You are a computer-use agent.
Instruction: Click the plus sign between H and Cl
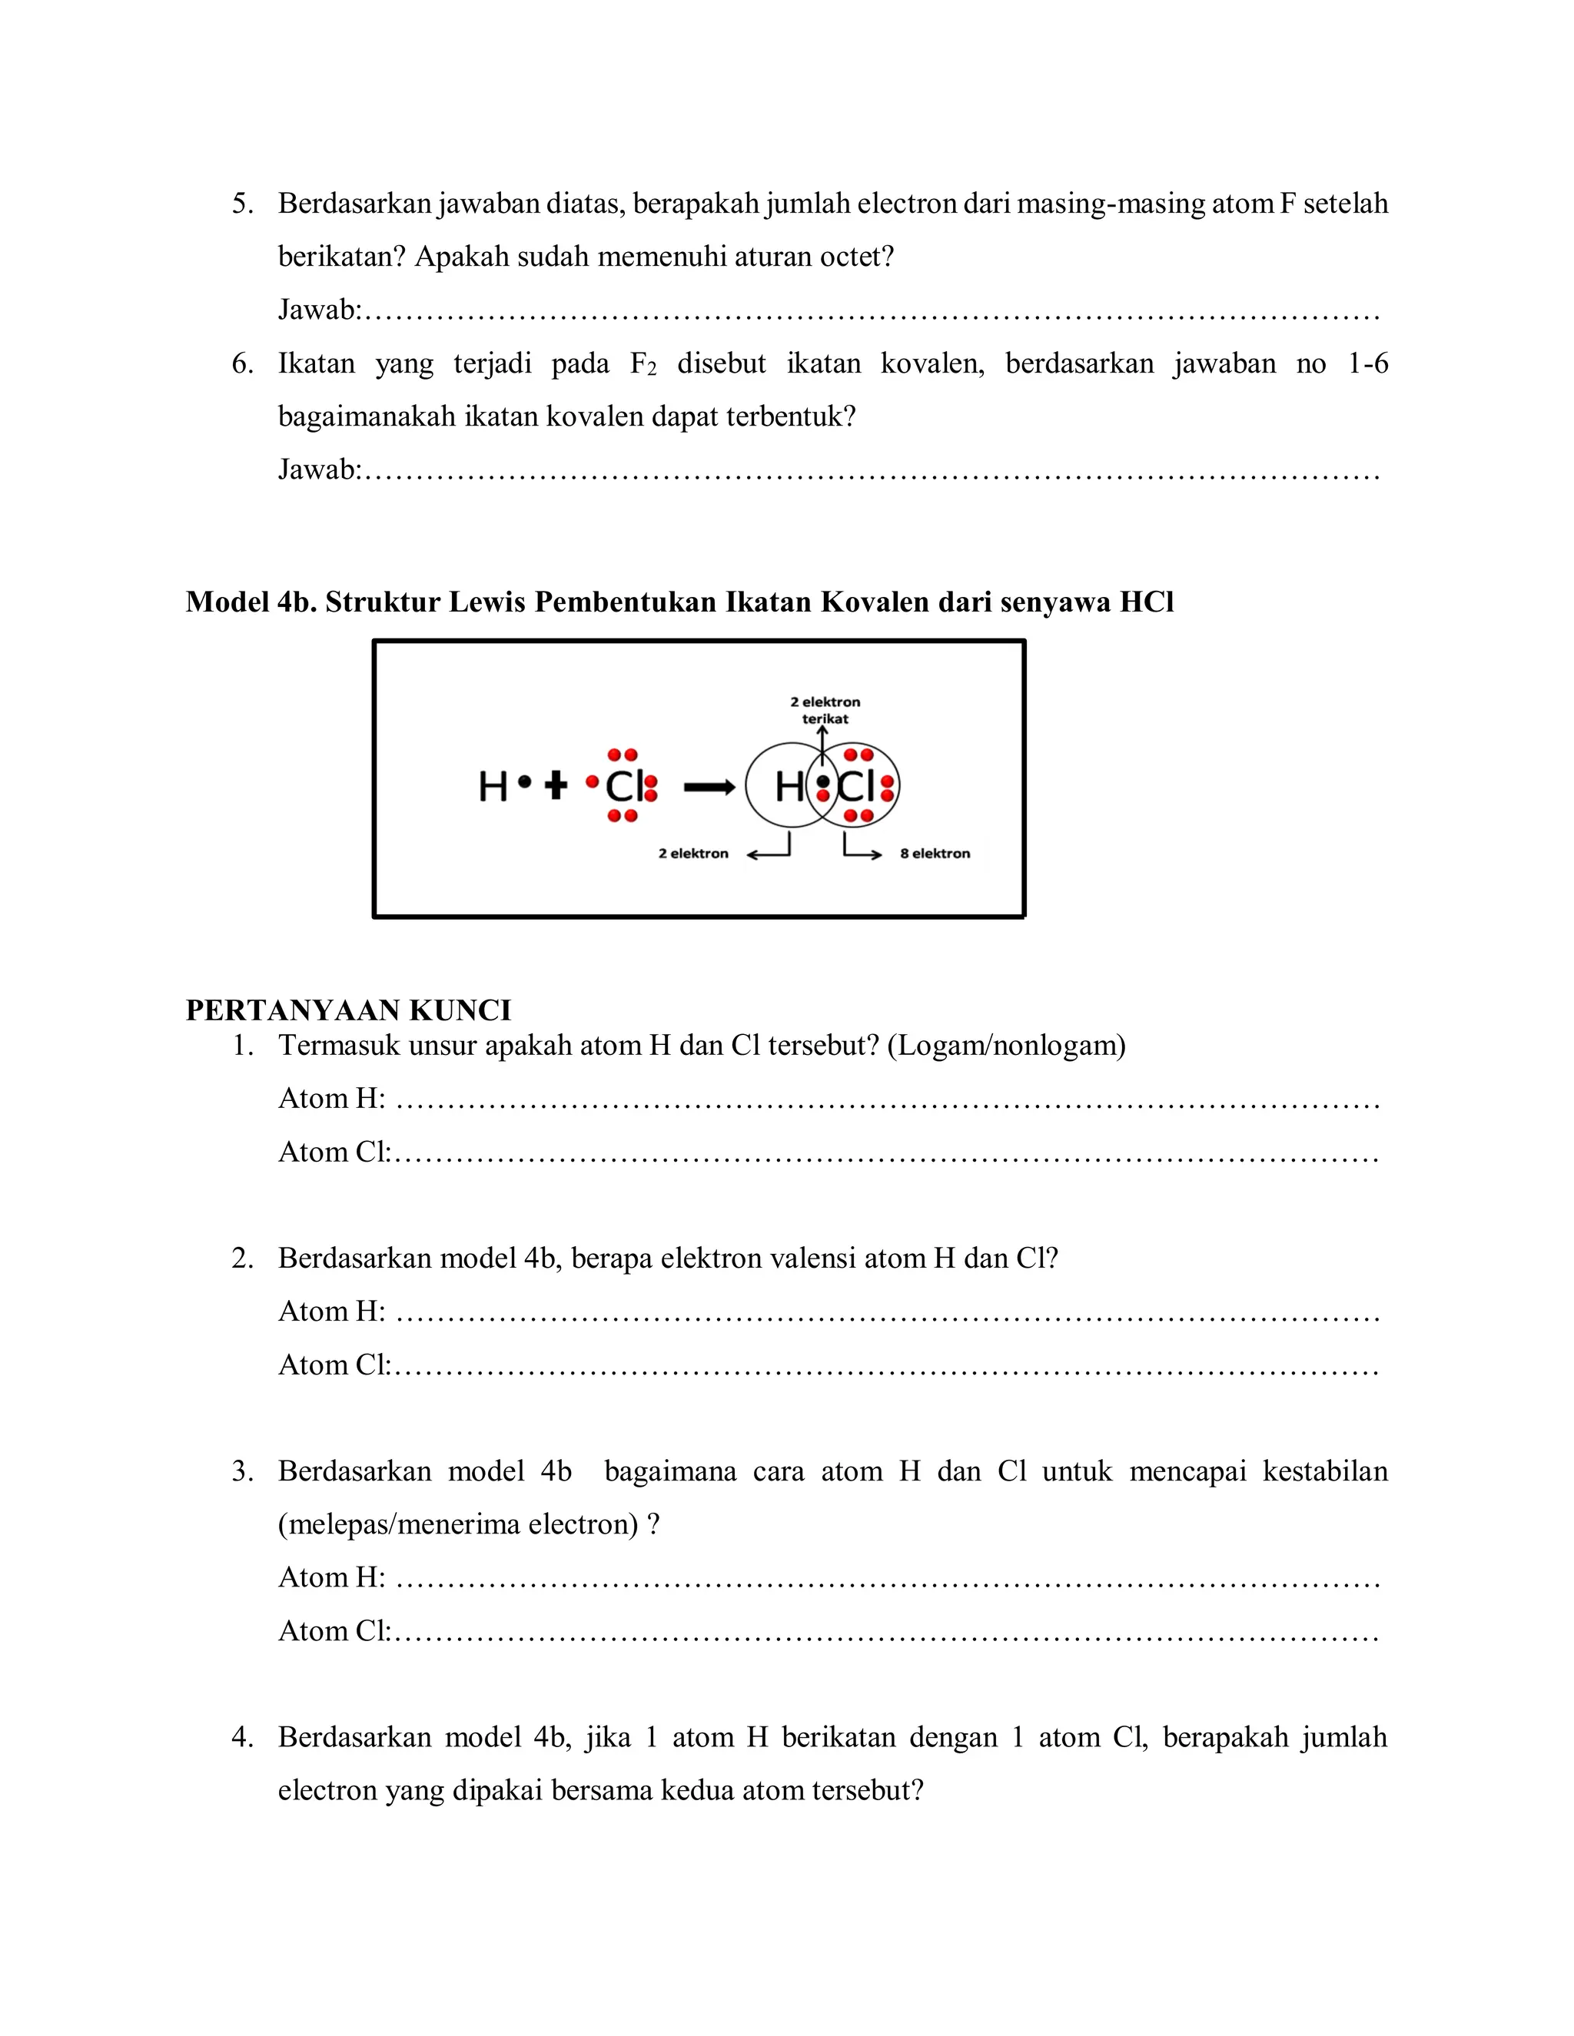point(556,786)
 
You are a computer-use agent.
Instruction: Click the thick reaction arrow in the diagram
point(709,789)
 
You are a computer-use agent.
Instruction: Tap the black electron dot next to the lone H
point(525,782)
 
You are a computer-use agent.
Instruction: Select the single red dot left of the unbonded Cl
point(591,782)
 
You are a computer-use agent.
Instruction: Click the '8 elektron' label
point(935,853)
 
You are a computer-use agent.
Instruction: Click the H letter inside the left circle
point(789,788)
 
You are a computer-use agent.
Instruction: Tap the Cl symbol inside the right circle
point(855,788)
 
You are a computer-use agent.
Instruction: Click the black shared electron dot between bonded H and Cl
point(822,781)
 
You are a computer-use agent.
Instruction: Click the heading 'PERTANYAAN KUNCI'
point(348,1010)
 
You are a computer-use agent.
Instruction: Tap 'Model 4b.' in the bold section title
point(251,602)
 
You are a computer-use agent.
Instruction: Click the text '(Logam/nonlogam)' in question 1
point(1006,1046)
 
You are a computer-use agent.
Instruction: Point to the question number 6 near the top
point(241,363)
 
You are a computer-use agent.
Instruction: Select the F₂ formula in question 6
point(643,363)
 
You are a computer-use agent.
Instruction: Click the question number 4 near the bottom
point(241,1738)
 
